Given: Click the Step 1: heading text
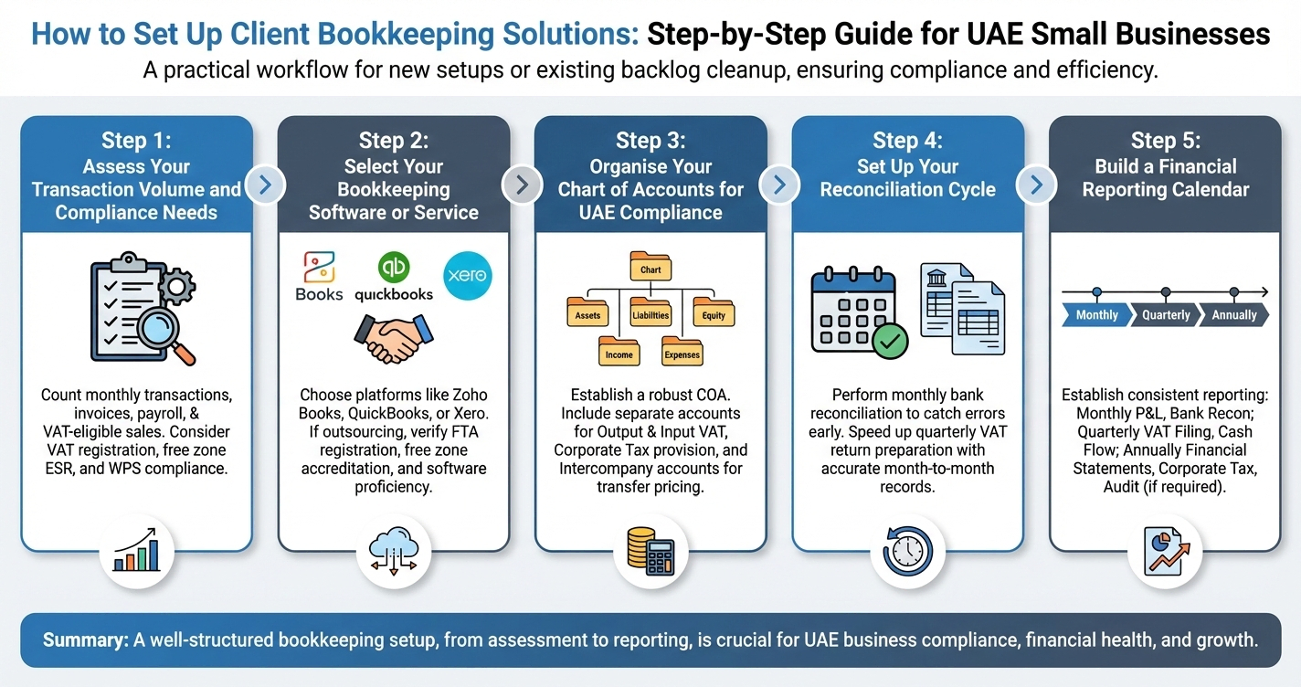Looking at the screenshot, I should click(x=136, y=141).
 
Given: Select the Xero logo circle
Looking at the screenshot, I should click(x=467, y=275).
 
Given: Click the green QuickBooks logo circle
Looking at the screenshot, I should click(x=394, y=267).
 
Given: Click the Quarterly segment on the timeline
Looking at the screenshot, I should click(x=1166, y=315).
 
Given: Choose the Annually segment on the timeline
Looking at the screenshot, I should click(x=1233, y=315).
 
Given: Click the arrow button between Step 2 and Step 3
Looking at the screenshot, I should click(x=522, y=185).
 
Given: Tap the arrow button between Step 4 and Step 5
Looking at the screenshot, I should click(x=1036, y=185).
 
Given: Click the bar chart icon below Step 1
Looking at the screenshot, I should click(x=136, y=553).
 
